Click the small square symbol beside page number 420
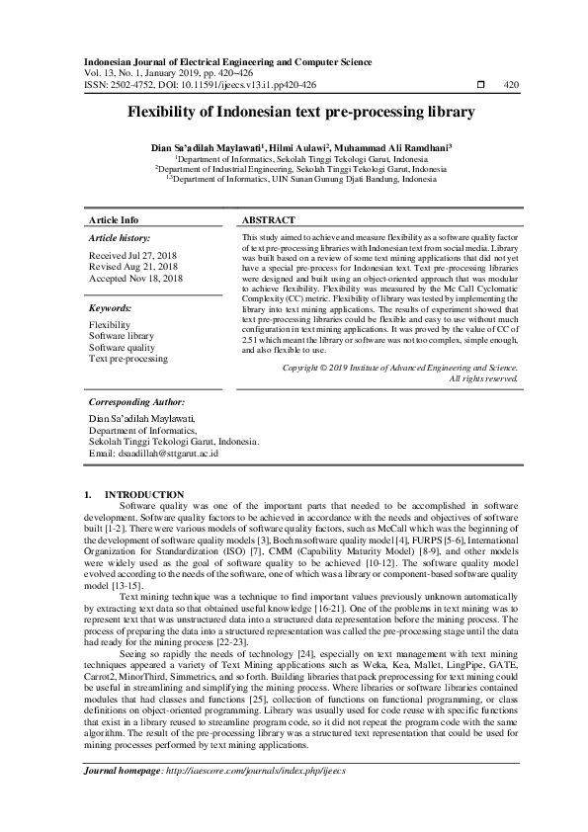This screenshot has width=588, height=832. pyautogui.click(x=480, y=85)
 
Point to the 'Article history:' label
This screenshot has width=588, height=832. pyautogui.click(x=120, y=239)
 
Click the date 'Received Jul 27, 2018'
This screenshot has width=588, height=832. pyautogui.click(x=133, y=256)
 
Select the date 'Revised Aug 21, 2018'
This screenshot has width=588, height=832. pyautogui.click(x=132, y=267)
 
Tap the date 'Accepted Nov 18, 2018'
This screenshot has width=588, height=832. pyautogui.click(x=135, y=279)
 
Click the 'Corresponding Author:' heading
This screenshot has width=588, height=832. pyautogui.click(x=136, y=403)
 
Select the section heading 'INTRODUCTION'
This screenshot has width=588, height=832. pyautogui.click(x=144, y=494)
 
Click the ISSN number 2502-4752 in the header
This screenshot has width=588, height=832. pyautogui.click(x=134, y=85)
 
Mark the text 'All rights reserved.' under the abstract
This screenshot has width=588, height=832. pyautogui.click(x=484, y=378)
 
